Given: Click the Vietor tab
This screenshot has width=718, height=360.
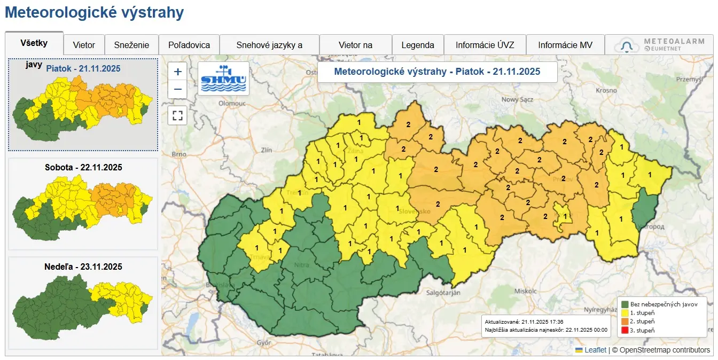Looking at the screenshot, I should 84,45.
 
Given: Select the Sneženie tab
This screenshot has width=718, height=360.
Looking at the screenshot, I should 131,45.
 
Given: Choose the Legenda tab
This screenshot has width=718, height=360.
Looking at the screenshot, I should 418,45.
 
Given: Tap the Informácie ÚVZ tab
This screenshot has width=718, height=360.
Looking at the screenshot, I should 485,45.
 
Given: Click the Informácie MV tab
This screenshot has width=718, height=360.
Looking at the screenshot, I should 565,45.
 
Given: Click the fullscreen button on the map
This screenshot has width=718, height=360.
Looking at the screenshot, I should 178,115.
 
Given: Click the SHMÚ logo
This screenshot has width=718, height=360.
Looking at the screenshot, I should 223,79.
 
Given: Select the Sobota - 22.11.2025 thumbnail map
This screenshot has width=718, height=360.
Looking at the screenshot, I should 83,204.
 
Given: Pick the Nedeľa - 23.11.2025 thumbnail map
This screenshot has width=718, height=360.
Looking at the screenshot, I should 83,302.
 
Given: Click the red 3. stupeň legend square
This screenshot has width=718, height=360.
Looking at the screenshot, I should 625,331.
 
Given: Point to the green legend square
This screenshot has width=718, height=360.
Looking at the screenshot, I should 625,304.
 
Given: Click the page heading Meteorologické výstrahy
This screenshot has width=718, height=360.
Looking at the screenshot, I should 94,13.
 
